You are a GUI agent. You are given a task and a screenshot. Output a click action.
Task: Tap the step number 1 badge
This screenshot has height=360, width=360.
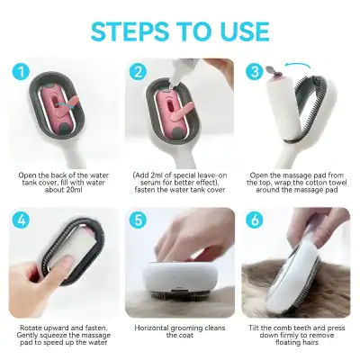[x=22, y=72]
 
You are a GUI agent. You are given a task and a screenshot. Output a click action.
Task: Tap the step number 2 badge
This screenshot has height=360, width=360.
[x=138, y=72]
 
